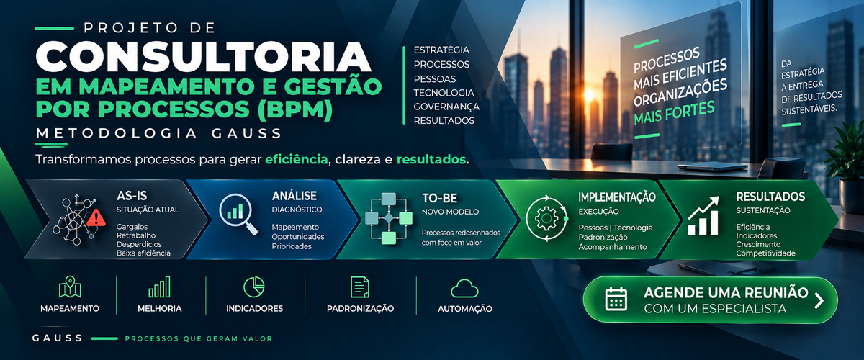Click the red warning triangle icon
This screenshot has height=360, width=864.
pos(96,218)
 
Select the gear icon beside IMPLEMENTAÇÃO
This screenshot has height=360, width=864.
pos(546,219)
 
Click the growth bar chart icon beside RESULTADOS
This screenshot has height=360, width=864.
pos(703,216)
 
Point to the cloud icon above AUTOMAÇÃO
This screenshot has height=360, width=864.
pos(464,289)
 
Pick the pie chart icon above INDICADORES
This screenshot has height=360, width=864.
pos(254,287)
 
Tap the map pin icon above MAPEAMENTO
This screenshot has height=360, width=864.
pos(70,287)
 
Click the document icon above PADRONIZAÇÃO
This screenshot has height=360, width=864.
pos(360,287)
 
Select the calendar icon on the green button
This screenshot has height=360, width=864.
pos(616,300)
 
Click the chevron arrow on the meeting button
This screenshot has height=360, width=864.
pos(819,300)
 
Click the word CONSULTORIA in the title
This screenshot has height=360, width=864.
pos(203,56)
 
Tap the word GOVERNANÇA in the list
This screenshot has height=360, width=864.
pos(446,107)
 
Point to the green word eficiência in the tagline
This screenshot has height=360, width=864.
pos(296,159)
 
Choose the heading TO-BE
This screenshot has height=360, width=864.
pos(440,198)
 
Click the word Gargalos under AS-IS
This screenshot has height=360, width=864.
pos(132,227)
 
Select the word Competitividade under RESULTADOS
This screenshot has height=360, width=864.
pos(765,253)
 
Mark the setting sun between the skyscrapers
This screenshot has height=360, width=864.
pos(589,95)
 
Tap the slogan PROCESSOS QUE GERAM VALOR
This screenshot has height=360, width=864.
pos(200,339)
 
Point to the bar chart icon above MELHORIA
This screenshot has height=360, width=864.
pos(159,287)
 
